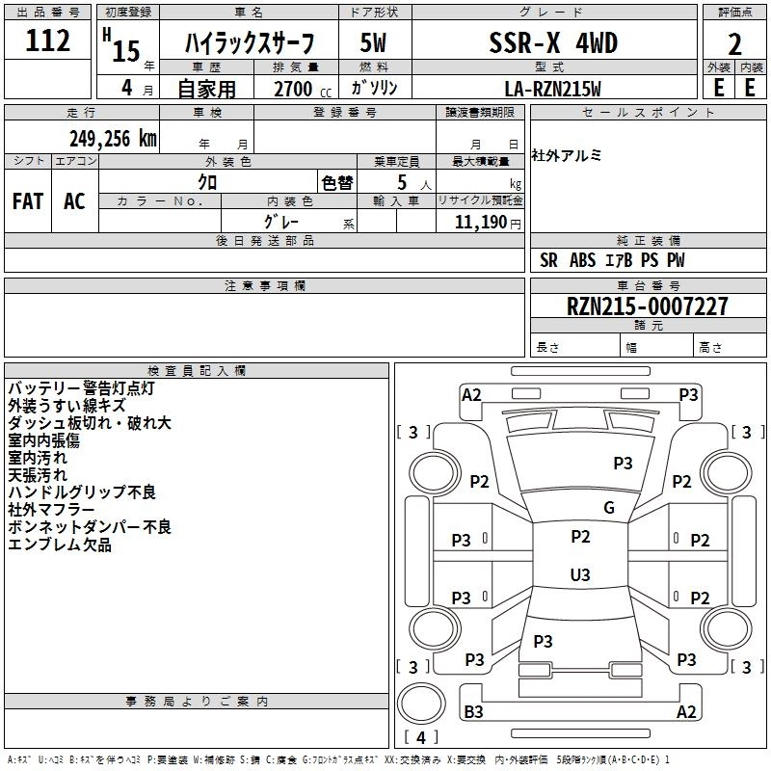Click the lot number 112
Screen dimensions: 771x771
(x=48, y=40)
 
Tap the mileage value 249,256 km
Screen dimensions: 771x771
(x=113, y=138)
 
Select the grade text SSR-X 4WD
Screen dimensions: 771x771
(x=553, y=43)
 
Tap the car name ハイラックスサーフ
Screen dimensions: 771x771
(x=250, y=44)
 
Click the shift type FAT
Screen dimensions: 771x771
(x=27, y=201)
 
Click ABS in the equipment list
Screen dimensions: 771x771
(x=583, y=259)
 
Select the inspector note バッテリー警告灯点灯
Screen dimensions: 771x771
(x=81, y=388)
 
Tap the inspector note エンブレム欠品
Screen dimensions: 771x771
(x=60, y=545)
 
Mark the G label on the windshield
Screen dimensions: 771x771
(x=608, y=508)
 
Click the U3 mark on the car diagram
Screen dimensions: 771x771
(x=579, y=575)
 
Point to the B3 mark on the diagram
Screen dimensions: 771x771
(x=473, y=712)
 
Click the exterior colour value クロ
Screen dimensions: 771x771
(x=207, y=182)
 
